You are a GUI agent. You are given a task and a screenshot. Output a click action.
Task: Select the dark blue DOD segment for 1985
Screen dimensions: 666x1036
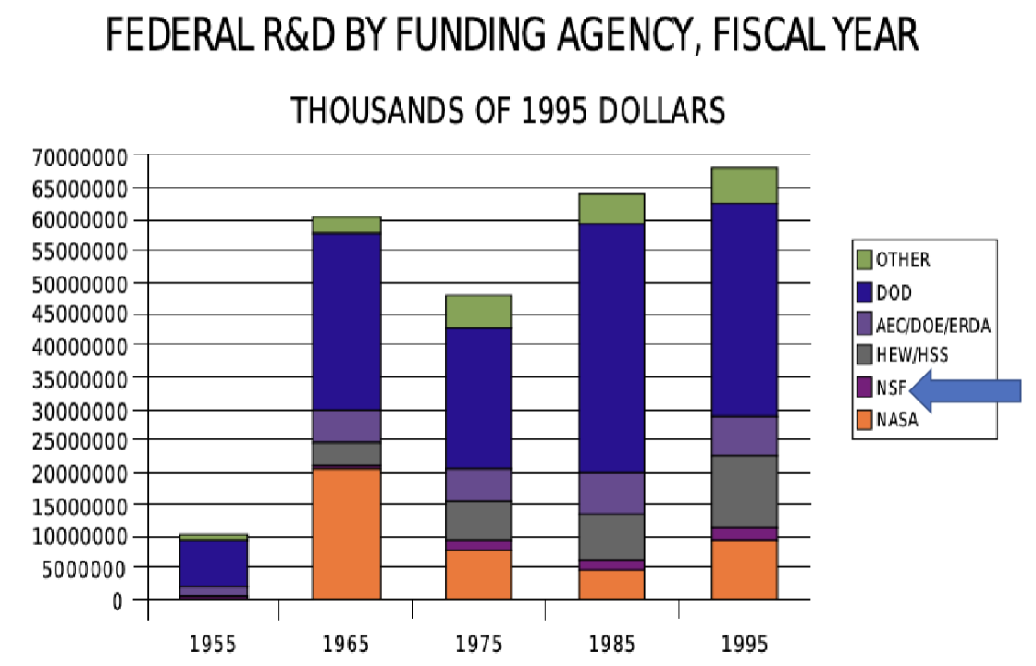[x=611, y=348]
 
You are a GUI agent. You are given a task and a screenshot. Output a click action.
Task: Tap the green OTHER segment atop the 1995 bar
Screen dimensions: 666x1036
[x=744, y=185]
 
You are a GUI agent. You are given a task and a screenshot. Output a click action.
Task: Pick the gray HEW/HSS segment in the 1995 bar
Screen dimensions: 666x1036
[x=744, y=491]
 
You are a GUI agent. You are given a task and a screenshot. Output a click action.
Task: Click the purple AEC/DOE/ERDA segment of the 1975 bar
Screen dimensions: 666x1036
[x=478, y=485]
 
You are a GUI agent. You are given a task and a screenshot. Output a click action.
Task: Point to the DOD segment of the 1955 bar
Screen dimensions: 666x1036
[x=214, y=562]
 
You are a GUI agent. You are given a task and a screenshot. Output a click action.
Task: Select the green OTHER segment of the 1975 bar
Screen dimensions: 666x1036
[x=478, y=312]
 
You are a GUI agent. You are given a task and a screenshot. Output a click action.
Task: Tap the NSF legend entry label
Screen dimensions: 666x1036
[x=891, y=388]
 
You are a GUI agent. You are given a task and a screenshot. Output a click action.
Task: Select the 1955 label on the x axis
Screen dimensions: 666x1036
[x=214, y=643]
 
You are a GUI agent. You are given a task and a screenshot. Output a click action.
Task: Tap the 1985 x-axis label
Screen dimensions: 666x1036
[x=611, y=643]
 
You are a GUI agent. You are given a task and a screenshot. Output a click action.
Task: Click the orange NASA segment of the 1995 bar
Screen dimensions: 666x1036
[x=744, y=570]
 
